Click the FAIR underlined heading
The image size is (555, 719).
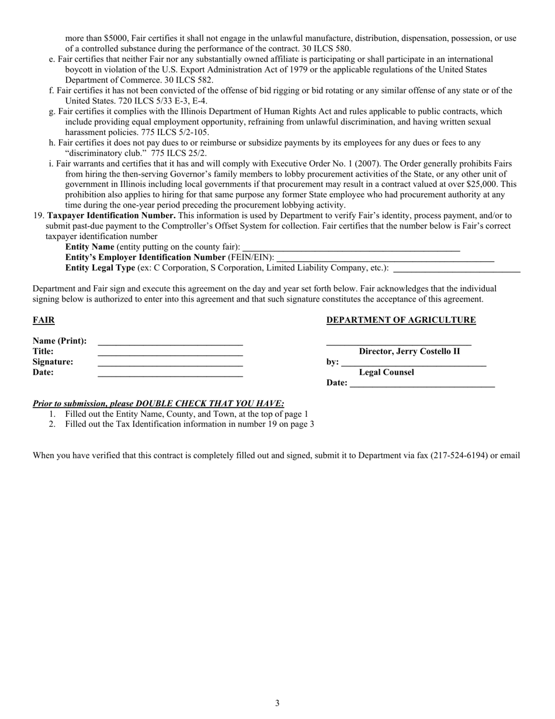pyautogui.click(x=44, y=320)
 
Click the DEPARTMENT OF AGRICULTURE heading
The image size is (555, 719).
pyautogui.click(x=401, y=320)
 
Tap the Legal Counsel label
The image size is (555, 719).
pyautogui.click(x=386, y=372)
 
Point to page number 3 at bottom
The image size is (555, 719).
pyautogui.click(x=277, y=703)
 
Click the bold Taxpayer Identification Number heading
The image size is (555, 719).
pyautogui.click(x=111, y=216)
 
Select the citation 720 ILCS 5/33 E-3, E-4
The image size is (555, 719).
pyautogui.click(x=162, y=101)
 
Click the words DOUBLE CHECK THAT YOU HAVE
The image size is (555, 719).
pyautogui.click(x=210, y=403)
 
